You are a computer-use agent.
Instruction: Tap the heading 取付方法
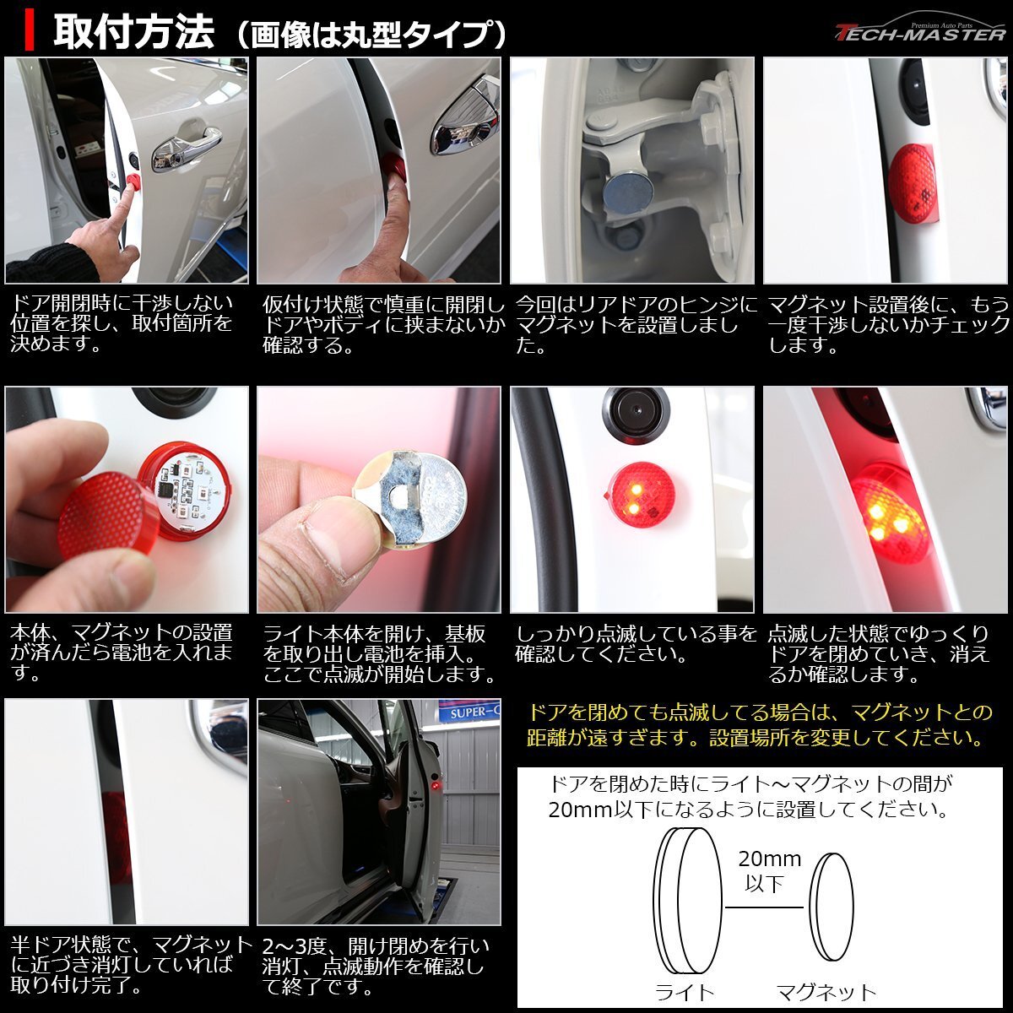(x=134, y=34)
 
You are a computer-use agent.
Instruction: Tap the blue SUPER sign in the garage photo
(x=469, y=712)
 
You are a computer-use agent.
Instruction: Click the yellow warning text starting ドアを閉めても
(x=759, y=725)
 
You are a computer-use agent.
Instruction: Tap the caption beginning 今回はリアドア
(x=637, y=323)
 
